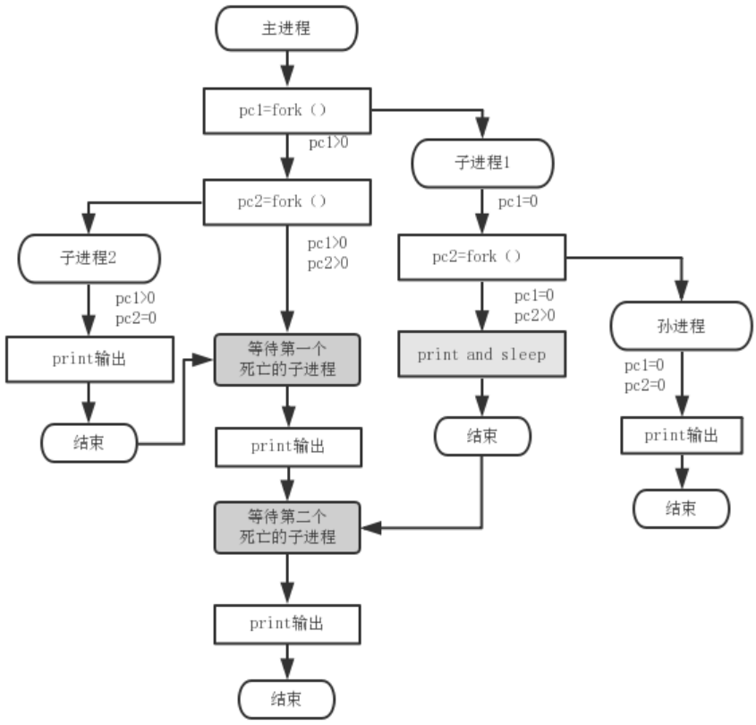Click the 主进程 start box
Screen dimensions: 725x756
(x=286, y=29)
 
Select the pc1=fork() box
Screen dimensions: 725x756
(x=286, y=111)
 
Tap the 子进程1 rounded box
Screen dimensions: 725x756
(x=482, y=163)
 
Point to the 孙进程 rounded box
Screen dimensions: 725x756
(x=681, y=326)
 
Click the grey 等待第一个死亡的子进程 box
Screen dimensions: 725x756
(x=286, y=359)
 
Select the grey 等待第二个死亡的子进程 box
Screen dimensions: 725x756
(x=286, y=526)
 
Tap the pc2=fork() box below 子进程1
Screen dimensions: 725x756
(x=481, y=257)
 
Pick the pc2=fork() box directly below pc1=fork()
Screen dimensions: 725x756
(x=286, y=201)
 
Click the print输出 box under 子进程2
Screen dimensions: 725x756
(x=89, y=359)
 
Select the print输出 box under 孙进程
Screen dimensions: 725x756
(x=681, y=435)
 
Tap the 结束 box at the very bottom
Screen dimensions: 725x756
(x=286, y=698)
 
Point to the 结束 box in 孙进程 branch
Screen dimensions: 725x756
(x=681, y=508)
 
